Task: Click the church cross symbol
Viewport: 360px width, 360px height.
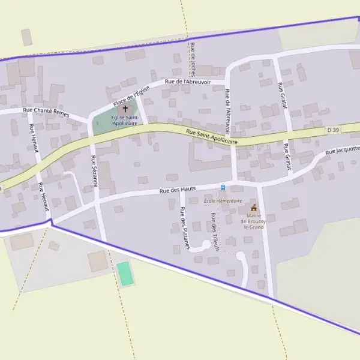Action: click(125, 109)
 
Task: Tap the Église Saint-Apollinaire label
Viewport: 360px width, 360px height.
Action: click(125, 120)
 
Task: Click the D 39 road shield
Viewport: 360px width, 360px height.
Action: click(334, 130)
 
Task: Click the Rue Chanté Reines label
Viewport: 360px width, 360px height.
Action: click(46, 112)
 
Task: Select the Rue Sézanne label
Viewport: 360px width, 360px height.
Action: click(94, 172)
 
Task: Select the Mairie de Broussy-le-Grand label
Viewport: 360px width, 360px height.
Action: click(253, 224)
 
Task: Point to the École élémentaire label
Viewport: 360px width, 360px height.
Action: click(223, 201)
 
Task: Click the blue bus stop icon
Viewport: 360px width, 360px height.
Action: click(224, 187)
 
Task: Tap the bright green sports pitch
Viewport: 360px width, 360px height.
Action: click(124, 274)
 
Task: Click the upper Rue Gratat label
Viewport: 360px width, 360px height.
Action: click(282, 96)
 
